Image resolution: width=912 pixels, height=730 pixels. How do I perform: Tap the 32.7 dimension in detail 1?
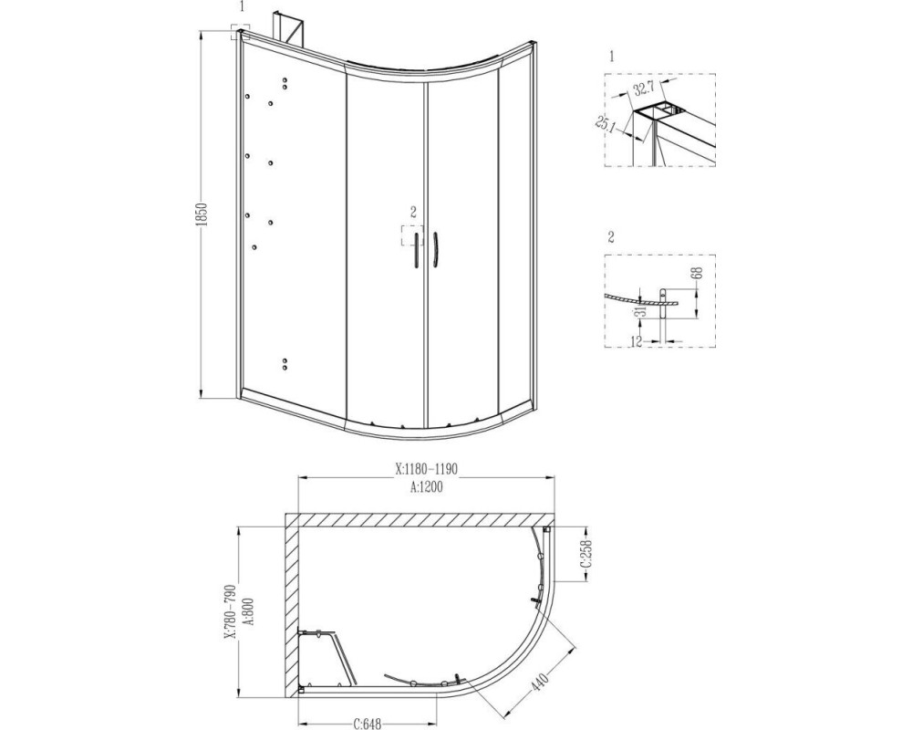pos(644,88)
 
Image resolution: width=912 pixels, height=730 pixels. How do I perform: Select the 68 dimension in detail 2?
pos(698,273)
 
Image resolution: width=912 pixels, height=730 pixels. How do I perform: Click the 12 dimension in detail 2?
pos(636,341)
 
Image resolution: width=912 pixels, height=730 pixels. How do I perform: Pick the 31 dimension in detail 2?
pos(640,313)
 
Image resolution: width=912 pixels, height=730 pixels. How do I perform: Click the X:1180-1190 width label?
pos(427,469)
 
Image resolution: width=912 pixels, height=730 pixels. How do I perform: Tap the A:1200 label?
pos(427,487)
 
